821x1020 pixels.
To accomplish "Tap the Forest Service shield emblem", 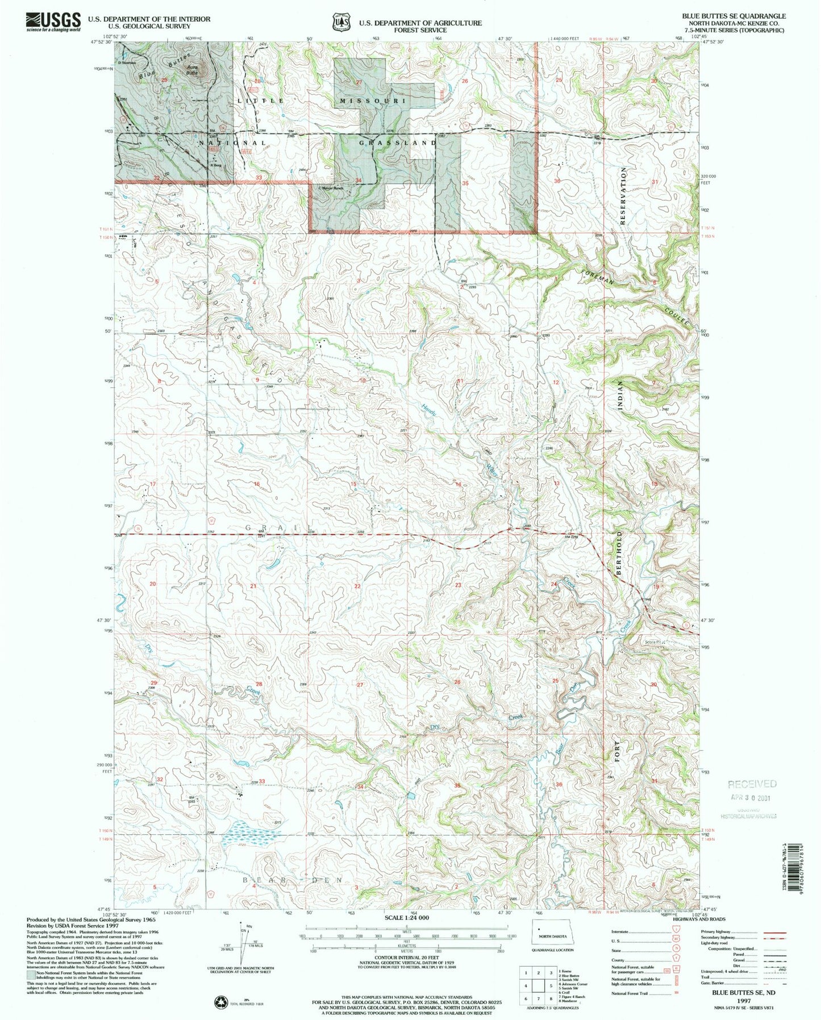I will (x=341, y=22).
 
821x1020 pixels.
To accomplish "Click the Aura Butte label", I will (x=193, y=69).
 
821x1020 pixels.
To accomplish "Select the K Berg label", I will (x=215, y=165).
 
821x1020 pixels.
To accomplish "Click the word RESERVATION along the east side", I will (x=623, y=196).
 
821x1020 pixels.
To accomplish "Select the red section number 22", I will (x=357, y=586).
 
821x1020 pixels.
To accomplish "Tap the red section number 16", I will (x=257, y=484).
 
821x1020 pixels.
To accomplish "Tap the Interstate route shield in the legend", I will (x=676, y=931).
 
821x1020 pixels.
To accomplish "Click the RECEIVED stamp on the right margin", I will (x=752, y=784).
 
